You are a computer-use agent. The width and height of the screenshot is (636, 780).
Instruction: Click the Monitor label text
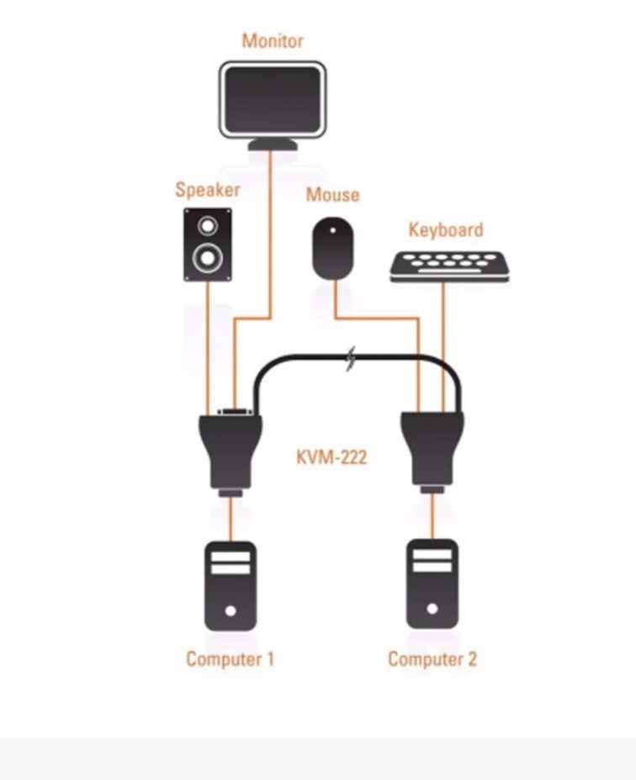click(272, 40)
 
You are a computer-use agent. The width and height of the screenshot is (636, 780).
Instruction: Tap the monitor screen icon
click(272, 98)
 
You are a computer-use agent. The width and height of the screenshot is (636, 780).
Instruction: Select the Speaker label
click(207, 190)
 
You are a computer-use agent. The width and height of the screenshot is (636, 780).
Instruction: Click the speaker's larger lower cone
click(207, 258)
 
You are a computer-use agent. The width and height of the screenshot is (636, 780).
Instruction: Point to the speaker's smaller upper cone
click(207, 226)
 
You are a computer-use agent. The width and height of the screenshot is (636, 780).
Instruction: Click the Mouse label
click(332, 195)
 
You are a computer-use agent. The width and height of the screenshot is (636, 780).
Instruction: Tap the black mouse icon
click(334, 248)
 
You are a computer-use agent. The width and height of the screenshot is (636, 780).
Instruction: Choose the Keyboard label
click(446, 229)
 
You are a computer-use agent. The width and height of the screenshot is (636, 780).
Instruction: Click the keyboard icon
click(449, 266)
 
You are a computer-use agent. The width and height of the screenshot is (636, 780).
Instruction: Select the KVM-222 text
click(331, 458)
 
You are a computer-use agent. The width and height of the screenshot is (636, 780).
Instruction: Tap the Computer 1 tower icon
click(231, 585)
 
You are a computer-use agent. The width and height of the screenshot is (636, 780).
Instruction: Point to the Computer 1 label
click(230, 658)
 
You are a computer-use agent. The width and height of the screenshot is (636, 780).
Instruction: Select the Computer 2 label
click(432, 658)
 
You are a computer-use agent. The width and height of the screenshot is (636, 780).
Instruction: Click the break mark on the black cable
click(351, 359)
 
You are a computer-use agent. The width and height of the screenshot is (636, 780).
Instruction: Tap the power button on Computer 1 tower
click(231, 609)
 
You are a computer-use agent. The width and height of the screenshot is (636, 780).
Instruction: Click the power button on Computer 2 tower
click(432, 608)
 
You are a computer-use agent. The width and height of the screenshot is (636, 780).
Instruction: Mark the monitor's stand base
click(272, 145)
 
